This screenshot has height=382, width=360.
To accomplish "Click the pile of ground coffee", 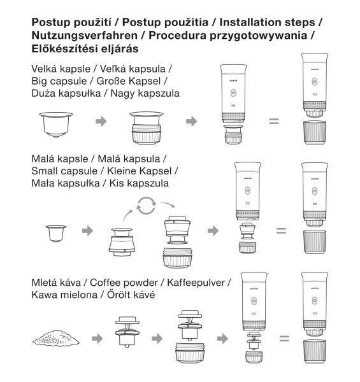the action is click(x=56, y=338).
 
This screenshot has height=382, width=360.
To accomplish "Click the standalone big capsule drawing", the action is click(x=56, y=124).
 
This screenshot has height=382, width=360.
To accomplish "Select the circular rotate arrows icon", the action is click(x=146, y=206).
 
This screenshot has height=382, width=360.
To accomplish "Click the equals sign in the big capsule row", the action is click(x=274, y=121).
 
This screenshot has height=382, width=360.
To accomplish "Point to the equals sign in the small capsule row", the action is click(x=281, y=230).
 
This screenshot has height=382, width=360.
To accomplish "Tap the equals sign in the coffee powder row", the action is click(x=284, y=339).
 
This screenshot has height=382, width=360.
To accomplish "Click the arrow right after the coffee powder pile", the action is click(x=97, y=339).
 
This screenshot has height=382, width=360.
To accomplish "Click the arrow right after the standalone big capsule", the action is click(x=101, y=121).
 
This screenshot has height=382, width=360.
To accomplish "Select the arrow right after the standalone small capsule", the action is click(x=87, y=230).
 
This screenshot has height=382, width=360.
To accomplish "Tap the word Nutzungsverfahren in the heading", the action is click(x=85, y=36).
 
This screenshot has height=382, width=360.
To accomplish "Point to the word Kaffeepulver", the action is click(x=196, y=283).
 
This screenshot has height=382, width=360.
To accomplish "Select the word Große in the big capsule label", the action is click(x=111, y=81).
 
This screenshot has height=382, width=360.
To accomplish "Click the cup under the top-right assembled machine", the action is click(x=315, y=132).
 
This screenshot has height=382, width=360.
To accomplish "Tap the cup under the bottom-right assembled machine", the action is click(x=315, y=351).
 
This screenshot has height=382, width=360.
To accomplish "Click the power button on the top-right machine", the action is click(x=315, y=82).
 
